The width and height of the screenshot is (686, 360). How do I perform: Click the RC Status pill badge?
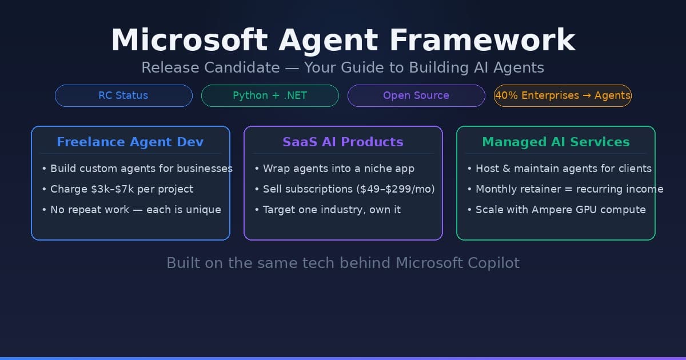(x=123, y=95)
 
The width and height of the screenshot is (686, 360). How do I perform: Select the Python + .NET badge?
(x=270, y=95)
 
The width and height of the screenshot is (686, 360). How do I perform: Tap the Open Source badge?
(x=416, y=95)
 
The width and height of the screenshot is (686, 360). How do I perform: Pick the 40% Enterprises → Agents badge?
(x=563, y=95)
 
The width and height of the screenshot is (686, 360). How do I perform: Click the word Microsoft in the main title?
(x=189, y=41)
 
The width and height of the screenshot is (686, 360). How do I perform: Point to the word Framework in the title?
(x=482, y=41)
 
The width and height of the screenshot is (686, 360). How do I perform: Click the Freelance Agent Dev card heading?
(x=130, y=142)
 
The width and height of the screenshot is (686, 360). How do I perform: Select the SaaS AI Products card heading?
(x=343, y=142)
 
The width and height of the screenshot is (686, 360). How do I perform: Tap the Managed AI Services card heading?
(x=556, y=142)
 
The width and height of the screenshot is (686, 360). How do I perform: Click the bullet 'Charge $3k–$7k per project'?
(x=121, y=189)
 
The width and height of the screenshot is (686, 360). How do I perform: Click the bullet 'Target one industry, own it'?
(x=332, y=210)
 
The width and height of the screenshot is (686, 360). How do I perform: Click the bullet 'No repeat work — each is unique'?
(x=135, y=210)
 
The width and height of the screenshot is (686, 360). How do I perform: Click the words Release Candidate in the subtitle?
(x=210, y=67)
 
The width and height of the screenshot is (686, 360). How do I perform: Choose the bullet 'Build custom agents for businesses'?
(x=141, y=169)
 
